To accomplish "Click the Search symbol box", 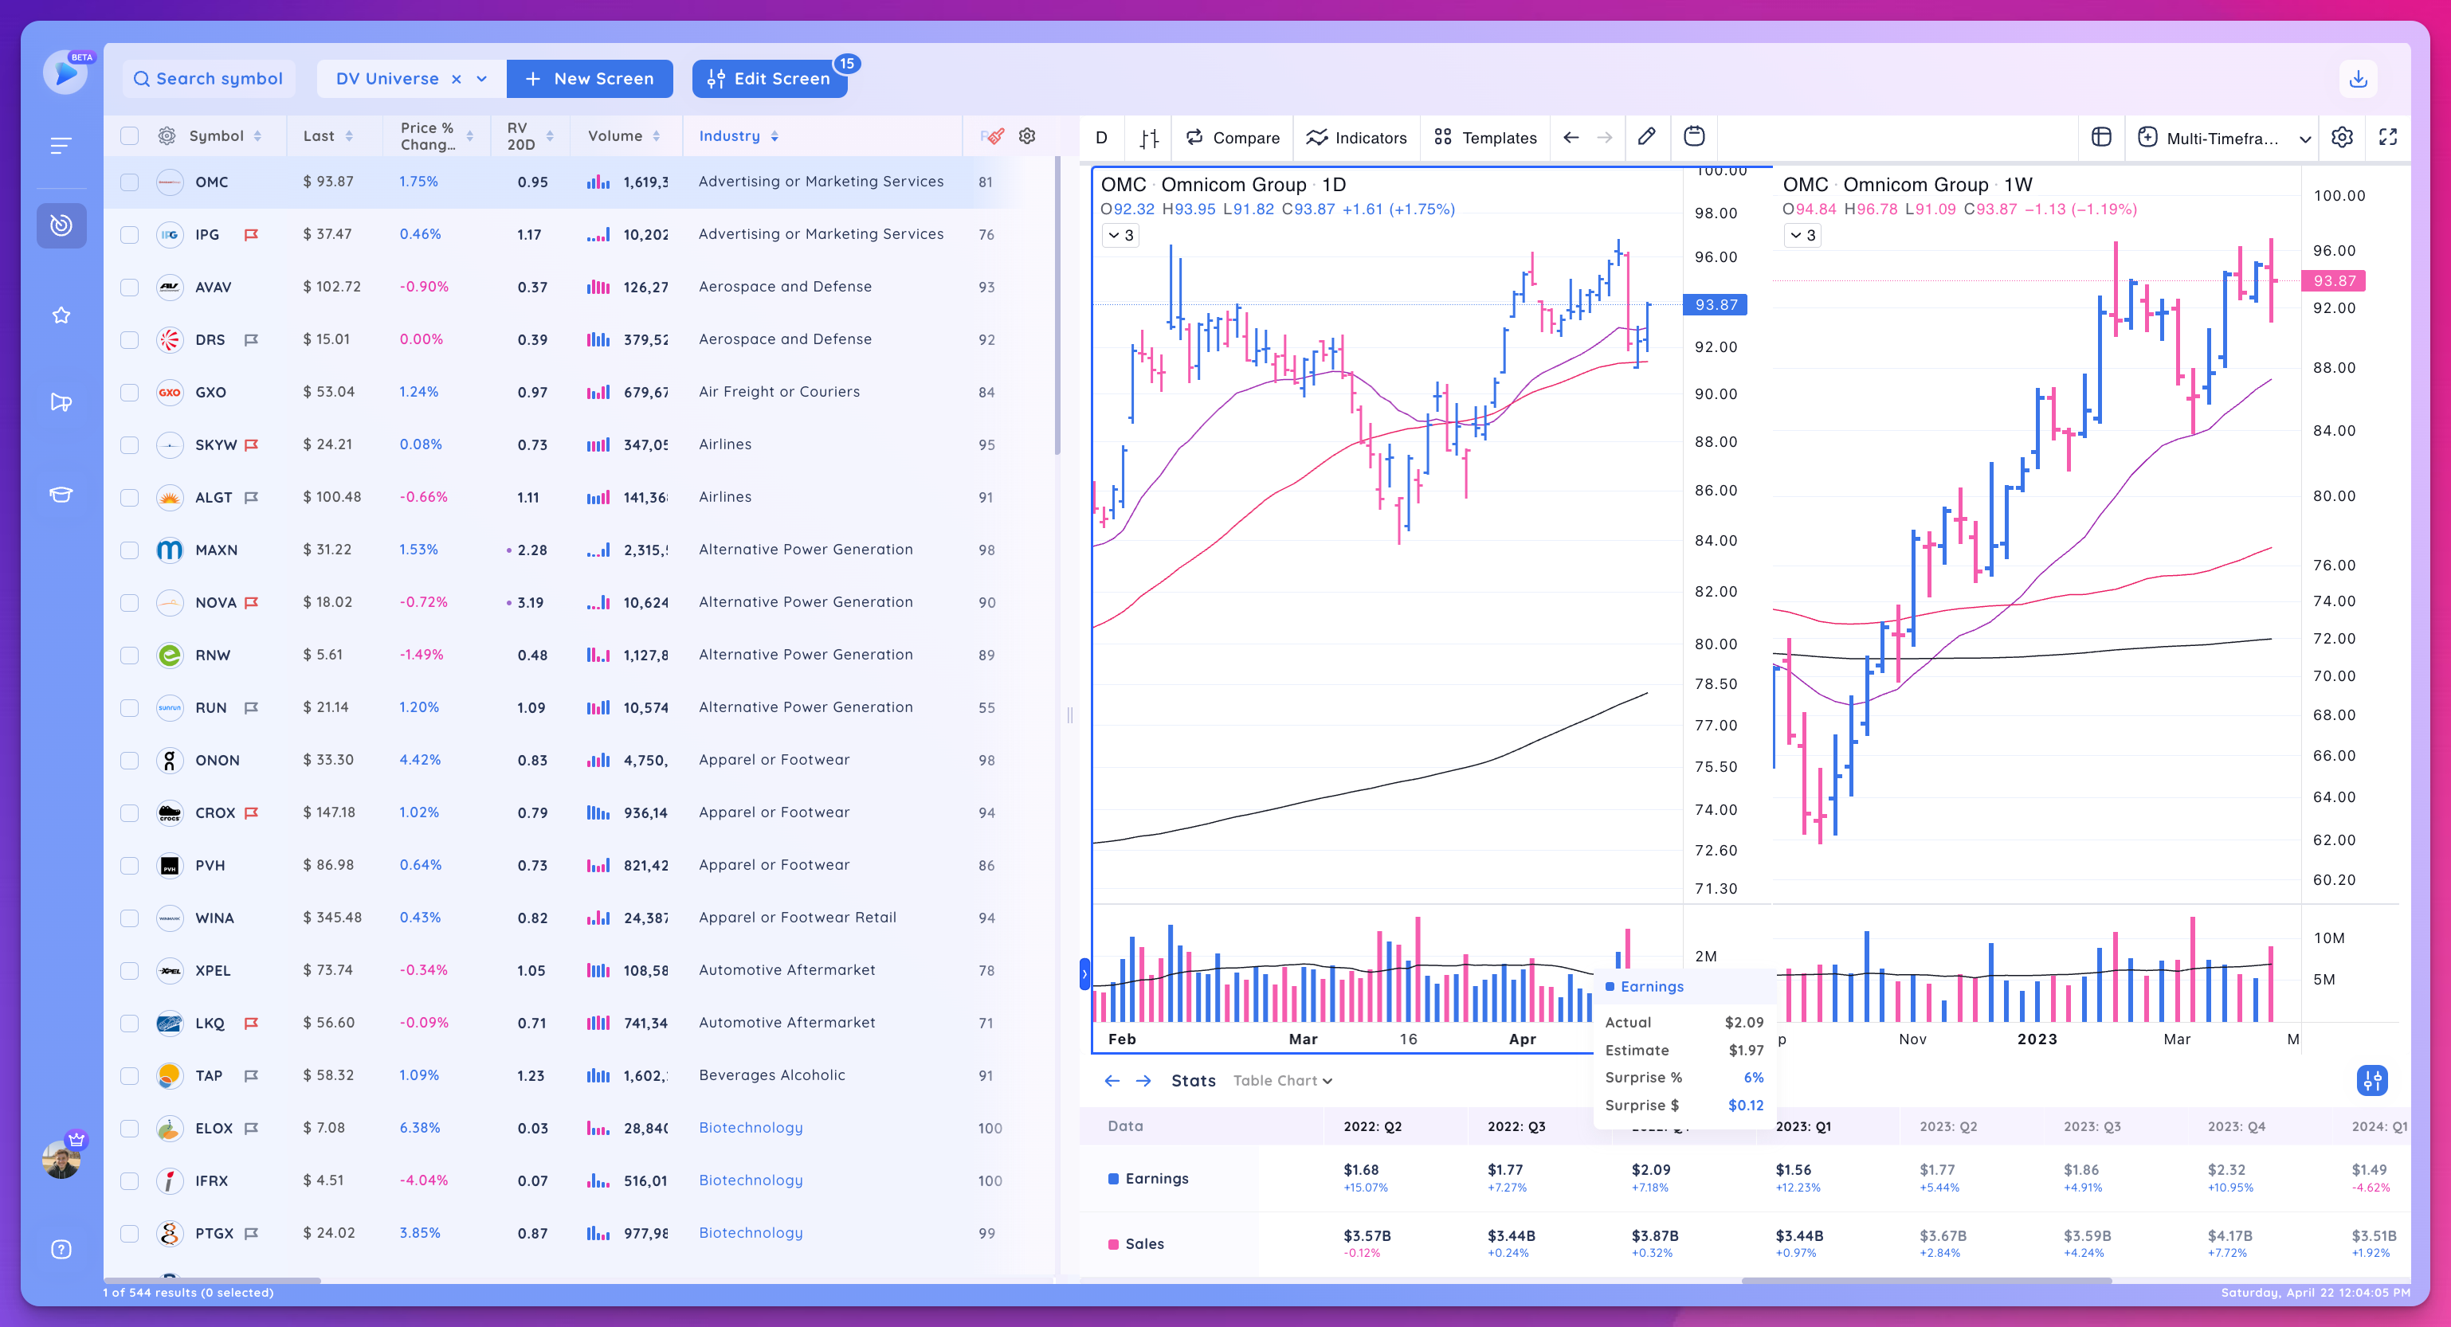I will pyautogui.click(x=209, y=79).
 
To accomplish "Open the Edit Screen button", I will pyautogui.click(x=770, y=79).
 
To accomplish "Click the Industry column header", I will pyautogui.click(x=729, y=136).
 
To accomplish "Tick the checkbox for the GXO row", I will pyautogui.click(x=129, y=393).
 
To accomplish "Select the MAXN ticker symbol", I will pyautogui.click(x=216, y=550).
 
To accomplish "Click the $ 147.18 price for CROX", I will pyautogui.click(x=328, y=812).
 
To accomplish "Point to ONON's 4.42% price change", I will pyautogui.click(x=420, y=760).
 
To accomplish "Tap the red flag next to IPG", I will pyautogui.click(x=251, y=235).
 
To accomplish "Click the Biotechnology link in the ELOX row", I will pyautogui.click(x=751, y=1127).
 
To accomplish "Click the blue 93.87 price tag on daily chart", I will pyautogui.click(x=1716, y=304).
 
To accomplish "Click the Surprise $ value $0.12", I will pyautogui.click(x=1745, y=1106).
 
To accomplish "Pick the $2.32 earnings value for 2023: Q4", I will pyautogui.click(x=2226, y=1169).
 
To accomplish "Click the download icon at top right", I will pyautogui.click(x=2358, y=79).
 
